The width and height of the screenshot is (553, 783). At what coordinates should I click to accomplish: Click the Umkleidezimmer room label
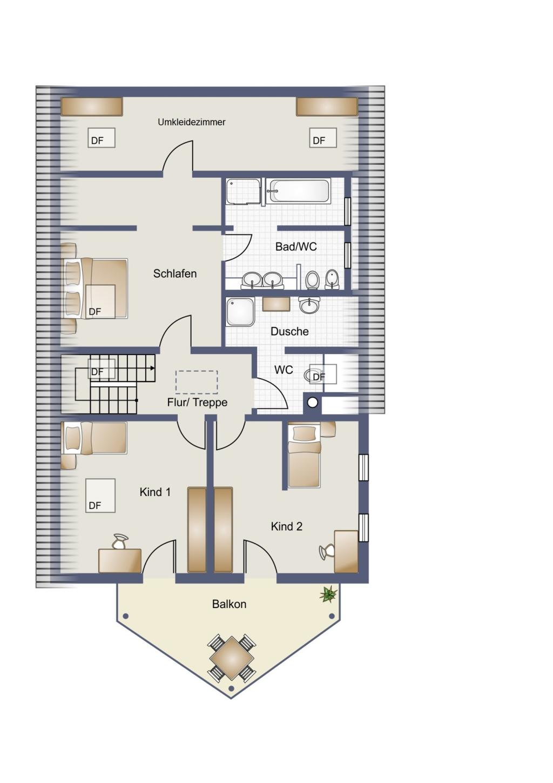point(191,122)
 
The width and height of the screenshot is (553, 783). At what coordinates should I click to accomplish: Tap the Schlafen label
point(174,274)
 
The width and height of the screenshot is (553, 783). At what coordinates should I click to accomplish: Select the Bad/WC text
point(296,247)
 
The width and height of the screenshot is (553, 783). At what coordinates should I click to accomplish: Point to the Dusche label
point(289,331)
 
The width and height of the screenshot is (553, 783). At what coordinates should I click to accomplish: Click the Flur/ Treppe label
point(197,403)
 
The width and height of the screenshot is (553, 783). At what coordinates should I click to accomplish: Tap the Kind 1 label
point(155,492)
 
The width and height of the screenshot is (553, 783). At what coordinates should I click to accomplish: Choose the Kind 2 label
point(286,526)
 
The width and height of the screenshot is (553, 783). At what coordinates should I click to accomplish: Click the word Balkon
point(229,604)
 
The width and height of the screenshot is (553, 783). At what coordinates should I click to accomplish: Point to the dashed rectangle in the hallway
point(197,382)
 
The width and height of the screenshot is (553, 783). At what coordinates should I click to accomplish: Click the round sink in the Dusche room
point(309,305)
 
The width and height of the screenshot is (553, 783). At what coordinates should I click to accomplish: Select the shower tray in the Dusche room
point(241,312)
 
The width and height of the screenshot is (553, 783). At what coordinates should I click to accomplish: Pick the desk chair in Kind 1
point(120,541)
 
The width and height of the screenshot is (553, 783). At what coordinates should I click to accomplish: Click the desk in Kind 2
point(346,552)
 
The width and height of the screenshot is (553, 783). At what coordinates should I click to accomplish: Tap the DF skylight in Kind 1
point(100,496)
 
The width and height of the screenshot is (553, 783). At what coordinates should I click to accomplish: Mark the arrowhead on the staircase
point(153,368)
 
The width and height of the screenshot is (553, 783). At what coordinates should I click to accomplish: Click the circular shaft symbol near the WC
point(313,403)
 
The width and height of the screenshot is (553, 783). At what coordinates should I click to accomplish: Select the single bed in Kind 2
point(304,456)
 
